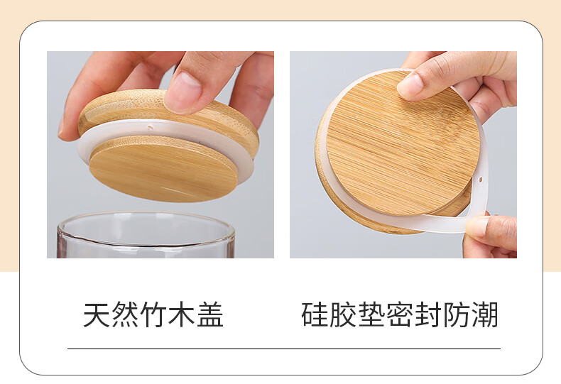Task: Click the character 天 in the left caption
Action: [x=97, y=314]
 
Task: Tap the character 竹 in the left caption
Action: [x=153, y=314]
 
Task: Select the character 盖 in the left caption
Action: [x=210, y=314]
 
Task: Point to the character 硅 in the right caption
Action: [x=315, y=314]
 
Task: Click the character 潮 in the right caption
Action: [x=485, y=314]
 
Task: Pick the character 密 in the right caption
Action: [x=400, y=314]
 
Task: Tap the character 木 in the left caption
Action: [x=182, y=314]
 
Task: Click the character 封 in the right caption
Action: [x=428, y=314]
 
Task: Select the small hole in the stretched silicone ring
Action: [x=481, y=179]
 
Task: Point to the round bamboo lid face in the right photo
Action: [x=403, y=143]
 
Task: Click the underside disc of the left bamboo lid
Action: [x=163, y=169]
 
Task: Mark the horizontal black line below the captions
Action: [x=284, y=349]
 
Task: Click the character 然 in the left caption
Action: [x=125, y=314]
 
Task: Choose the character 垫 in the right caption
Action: [x=371, y=314]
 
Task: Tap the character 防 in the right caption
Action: [x=457, y=314]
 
